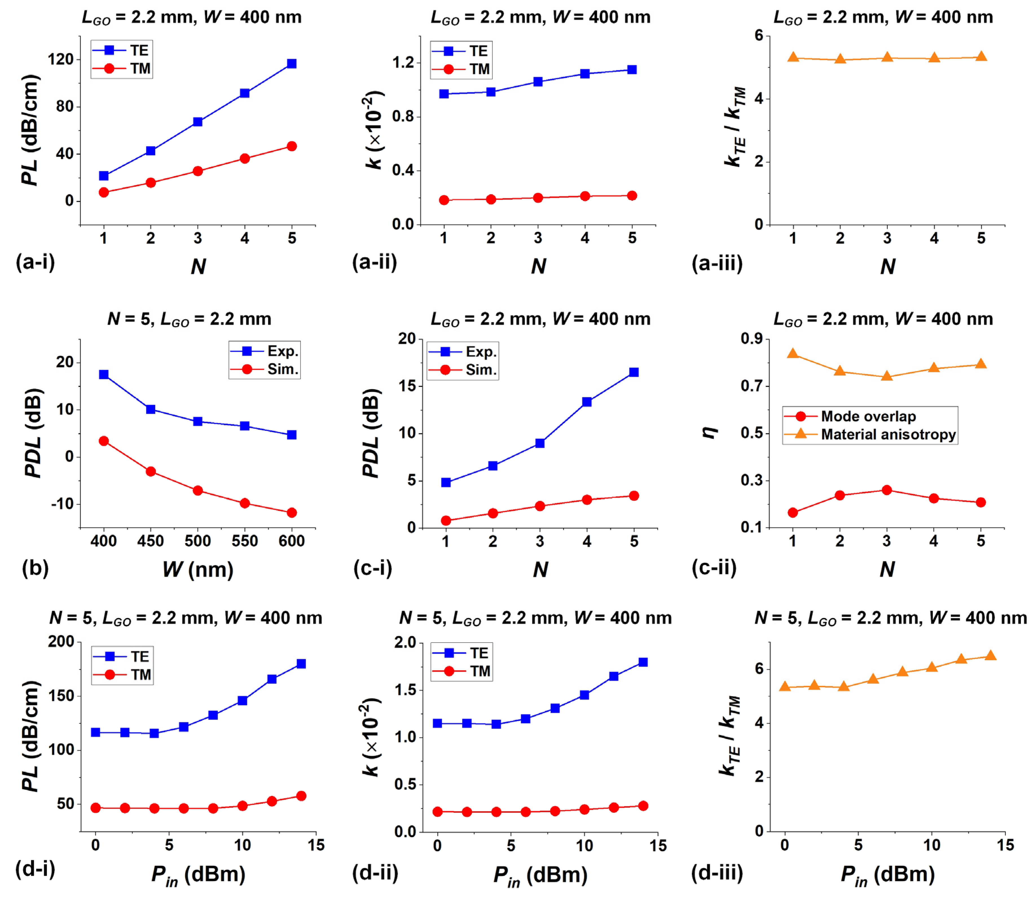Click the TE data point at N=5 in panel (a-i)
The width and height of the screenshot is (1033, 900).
pos(292,64)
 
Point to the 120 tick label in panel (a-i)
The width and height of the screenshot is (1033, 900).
pos(61,59)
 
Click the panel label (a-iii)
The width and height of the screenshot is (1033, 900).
pos(717,263)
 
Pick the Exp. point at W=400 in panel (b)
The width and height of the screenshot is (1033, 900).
pos(104,375)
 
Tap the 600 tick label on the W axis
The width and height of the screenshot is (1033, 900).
pos(292,541)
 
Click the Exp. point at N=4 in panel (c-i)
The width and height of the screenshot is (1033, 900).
pos(587,402)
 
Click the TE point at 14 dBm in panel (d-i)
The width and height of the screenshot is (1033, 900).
pos(301,664)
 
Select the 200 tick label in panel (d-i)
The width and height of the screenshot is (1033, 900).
pos(61,642)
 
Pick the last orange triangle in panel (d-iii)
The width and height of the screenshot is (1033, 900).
pos(990,656)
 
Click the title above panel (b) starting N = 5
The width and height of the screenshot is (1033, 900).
pos(189,319)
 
